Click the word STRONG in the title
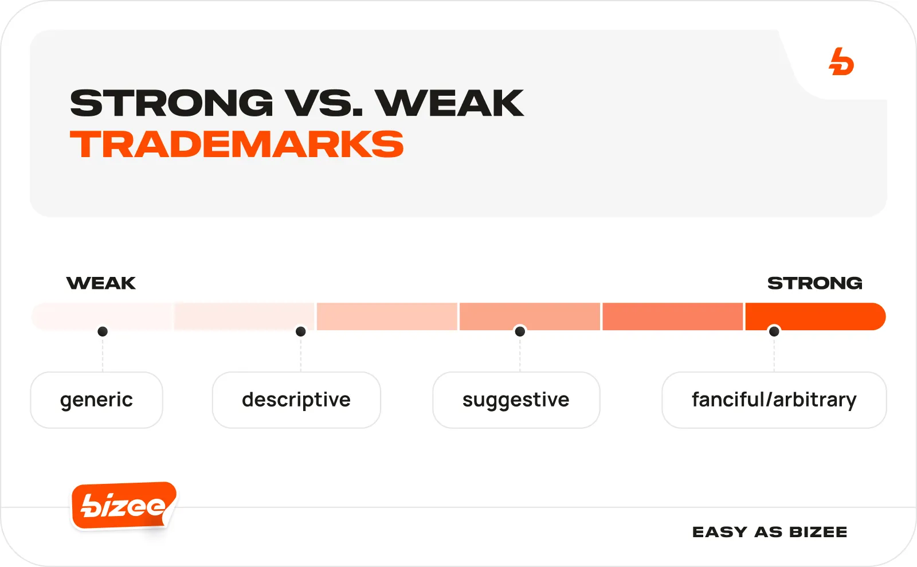coord(171,103)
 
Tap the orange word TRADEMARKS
coord(237,144)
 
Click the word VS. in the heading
coord(324,103)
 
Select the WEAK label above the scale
coord(101,283)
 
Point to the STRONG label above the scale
coord(814,283)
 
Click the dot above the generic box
coord(103,331)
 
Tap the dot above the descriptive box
coord(300,331)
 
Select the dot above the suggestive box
coord(520,331)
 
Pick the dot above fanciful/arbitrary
coord(774,331)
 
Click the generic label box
coord(97,400)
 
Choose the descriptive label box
coord(296,400)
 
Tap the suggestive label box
coord(516,400)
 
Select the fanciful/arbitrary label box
coord(774,400)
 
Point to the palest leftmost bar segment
coord(103,316)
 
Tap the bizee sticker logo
coord(124,506)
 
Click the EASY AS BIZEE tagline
coord(770,532)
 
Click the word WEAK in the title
coord(449,103)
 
